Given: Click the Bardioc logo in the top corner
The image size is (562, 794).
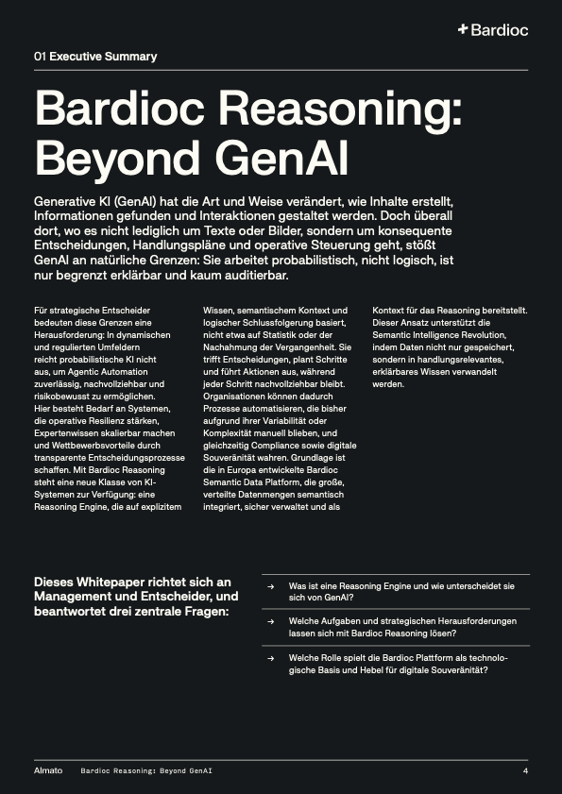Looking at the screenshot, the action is tap(492, 30).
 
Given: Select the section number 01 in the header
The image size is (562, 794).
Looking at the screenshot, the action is tap(40, 57).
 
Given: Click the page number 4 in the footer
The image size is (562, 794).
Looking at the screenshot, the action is tap(524, 770).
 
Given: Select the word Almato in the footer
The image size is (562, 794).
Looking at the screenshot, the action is tap(48, 770).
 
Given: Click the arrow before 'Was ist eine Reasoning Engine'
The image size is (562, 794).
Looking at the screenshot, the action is tap(271, 586).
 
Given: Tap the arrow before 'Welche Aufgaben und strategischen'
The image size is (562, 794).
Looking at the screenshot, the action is tap(271, 621).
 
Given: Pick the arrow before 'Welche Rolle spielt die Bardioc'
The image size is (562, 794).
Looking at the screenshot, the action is tap(271, 657).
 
